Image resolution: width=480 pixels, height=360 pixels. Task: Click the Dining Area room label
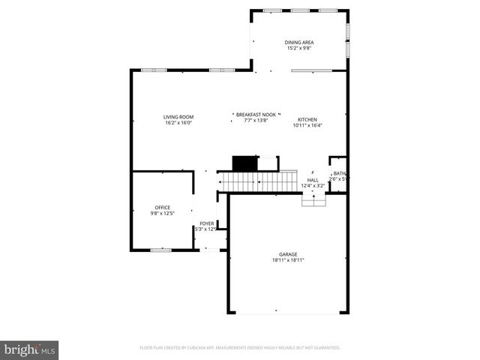299,42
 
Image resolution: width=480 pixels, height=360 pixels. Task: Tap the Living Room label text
178,117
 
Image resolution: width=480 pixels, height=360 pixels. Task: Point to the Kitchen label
307,120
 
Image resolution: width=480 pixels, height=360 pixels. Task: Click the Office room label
162,208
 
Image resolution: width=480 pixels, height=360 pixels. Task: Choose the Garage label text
289,255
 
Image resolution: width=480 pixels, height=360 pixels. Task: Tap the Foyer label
206,223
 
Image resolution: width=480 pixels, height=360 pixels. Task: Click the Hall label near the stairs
313,180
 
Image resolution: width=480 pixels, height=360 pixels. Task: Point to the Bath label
339,173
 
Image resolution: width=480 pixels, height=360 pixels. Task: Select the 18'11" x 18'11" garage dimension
289,261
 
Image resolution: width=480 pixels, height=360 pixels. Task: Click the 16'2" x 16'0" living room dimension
178,123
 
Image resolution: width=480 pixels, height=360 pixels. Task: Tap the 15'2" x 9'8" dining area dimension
299,48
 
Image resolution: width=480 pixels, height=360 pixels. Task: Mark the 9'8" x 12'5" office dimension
162,214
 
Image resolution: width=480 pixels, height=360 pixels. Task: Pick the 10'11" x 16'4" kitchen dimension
307,126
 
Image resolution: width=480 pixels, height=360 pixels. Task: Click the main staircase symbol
255,181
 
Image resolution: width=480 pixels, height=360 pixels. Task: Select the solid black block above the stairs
244,163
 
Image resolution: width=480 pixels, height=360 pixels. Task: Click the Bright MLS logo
30,349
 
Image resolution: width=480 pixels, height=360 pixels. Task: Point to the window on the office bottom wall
160,249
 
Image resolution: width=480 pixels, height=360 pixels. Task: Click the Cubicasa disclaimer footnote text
240,348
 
